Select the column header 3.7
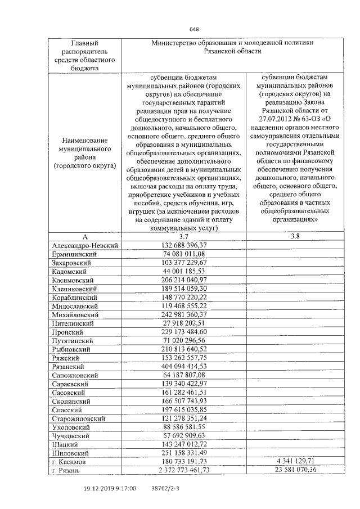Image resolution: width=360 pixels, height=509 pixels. (184, 237)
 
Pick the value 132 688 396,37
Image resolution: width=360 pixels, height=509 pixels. (184, 245)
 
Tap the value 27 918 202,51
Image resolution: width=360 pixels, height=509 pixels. (184, 323)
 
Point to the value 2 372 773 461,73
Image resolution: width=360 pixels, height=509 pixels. (184, 470)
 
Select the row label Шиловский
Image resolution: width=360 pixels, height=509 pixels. (70, 453)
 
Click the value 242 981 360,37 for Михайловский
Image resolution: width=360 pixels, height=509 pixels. (184, 314)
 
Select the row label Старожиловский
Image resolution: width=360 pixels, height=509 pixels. (78, 418)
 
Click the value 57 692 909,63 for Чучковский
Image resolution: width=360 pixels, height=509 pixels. (184, 435)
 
